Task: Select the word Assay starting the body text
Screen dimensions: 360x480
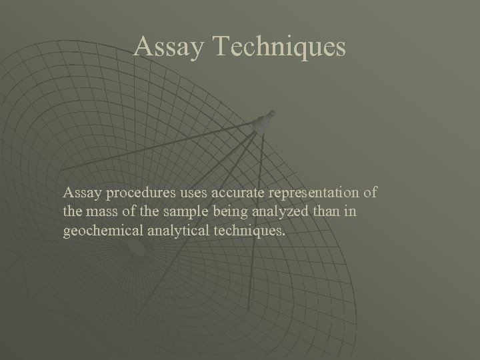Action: [79, 193]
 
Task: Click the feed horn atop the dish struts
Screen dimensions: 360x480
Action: [265, 121]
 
